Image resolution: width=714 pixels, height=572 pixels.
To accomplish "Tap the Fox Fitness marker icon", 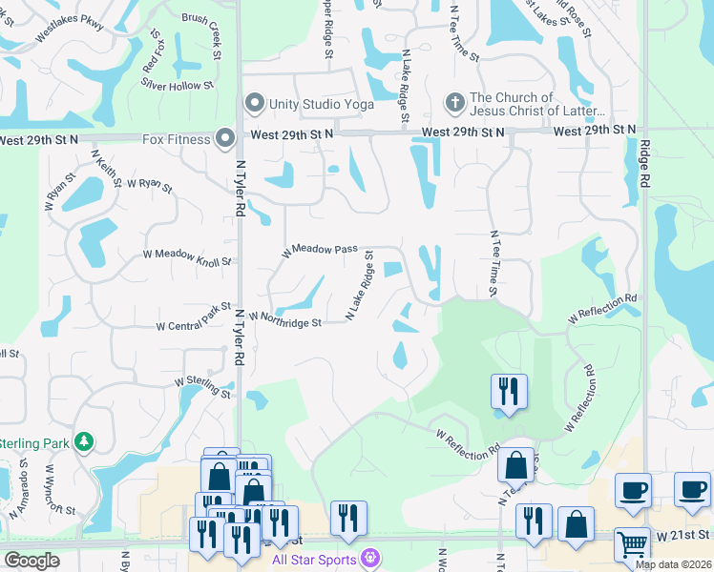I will click(225, 140).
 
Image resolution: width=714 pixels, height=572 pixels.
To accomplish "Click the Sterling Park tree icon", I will click(85, 441).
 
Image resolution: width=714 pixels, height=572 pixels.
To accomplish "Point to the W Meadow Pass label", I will click(319, 251).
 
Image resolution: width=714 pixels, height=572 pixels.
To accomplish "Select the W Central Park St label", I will click(194, 319).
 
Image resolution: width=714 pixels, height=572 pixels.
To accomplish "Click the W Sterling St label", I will click(202, 386).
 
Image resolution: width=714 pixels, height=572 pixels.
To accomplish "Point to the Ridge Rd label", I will click(646, 164).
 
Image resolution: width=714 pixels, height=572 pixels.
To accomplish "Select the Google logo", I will click(31, 561).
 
